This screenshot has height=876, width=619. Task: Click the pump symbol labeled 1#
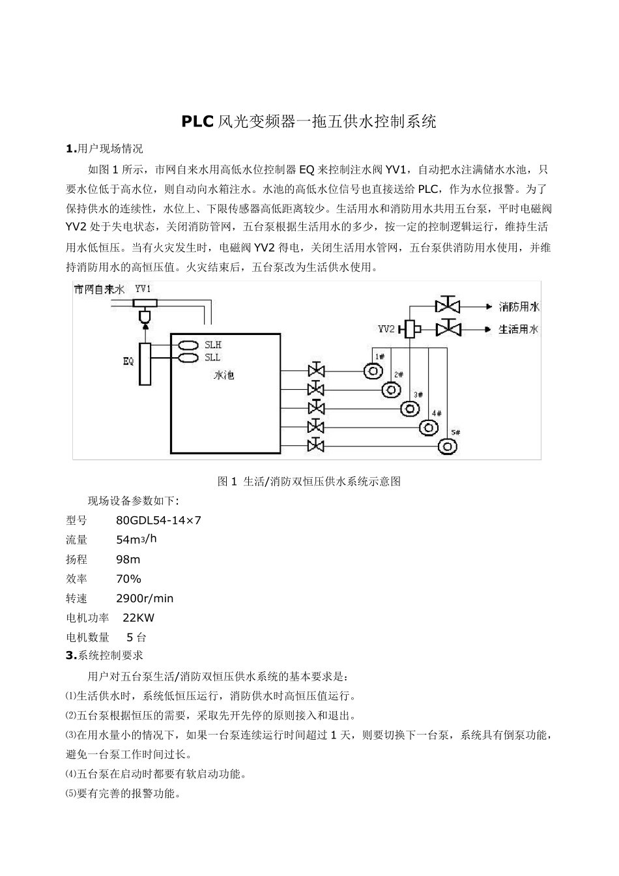[x=373, y=372]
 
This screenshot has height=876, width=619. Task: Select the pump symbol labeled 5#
[x=448, y=446]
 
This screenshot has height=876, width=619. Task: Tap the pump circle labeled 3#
[x=410, y=409]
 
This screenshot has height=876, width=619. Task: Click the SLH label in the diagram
[x=213, y=345]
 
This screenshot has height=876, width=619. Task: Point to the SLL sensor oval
[x=186, y=358]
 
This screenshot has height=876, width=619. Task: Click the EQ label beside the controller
[x=128, y=360]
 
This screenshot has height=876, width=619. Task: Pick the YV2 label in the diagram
[x=386, y=329]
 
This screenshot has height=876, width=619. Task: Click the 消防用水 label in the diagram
[x=519, y=306]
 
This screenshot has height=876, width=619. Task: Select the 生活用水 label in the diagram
[x=519, y=329]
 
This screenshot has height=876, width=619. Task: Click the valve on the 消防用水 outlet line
[x=447, y=306]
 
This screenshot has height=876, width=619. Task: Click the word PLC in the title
[x=196, y=121]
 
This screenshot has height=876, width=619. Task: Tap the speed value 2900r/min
[x=145, y=598]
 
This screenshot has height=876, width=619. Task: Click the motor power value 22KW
[x=139, y=618]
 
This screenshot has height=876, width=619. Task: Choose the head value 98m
[x=128, y=559]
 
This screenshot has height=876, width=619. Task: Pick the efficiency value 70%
[x=128, y=579]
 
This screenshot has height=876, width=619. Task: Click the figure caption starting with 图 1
[x=309, y=482]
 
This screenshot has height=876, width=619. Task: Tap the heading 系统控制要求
[x=110, y=655]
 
